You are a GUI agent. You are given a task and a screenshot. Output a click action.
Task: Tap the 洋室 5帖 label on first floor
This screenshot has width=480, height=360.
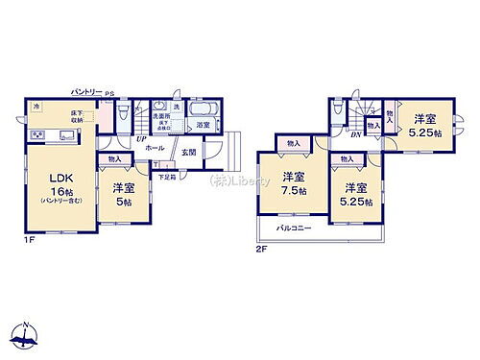pyautogui.click(x=122, y=193)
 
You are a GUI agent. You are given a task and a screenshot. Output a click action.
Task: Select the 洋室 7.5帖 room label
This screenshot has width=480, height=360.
pyautogui.click(x=294, y=184)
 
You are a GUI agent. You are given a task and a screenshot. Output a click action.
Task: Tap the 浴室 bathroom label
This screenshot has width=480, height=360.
pyautogui.click(x=204, y=125)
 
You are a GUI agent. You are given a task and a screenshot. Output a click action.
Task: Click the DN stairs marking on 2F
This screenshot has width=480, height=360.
pyautogui.click(x=355, y=134)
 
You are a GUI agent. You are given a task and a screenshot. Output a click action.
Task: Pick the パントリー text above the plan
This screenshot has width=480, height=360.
pyautogui.click(x=89, y=91)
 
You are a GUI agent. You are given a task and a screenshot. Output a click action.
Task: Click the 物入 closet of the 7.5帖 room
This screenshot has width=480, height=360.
pyautogui.click(x=293, y=144)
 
